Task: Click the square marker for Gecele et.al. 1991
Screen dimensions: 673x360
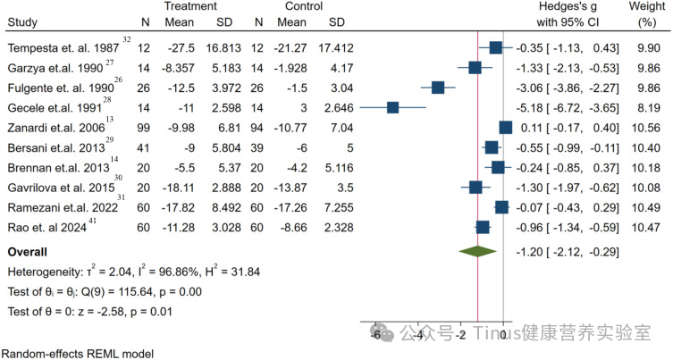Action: (392, 108)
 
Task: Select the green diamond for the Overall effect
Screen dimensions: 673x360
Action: (477, 251)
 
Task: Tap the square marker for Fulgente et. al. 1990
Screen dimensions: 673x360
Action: (438, 88)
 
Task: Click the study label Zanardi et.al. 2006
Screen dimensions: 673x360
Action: (56, 128)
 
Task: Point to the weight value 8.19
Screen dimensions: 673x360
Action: (649, 108)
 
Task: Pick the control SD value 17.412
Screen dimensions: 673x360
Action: (336, 47)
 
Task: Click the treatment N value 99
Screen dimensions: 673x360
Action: (143, 128)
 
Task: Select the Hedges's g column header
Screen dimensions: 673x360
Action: (568, 14)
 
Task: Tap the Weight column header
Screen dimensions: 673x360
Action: (647, 14)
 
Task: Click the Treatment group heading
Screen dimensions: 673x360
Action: (190, 6)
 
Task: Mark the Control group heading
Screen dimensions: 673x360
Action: (304, 6)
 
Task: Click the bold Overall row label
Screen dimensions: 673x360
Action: (28, 252)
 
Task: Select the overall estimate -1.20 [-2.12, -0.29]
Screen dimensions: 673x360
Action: (568, 252)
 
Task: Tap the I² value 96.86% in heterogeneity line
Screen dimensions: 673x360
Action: (173, 272)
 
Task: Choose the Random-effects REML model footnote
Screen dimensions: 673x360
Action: (80, 354)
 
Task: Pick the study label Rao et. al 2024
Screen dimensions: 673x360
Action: (47, 228)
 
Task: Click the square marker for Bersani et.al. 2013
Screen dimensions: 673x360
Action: (492, 148)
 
